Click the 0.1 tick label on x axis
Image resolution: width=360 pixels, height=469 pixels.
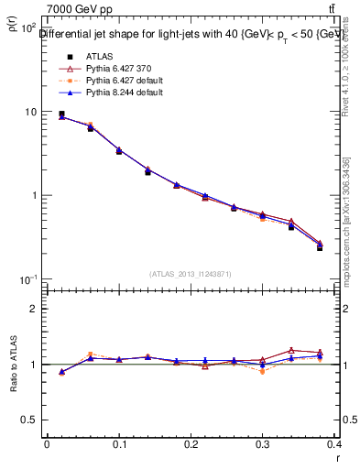pos(119,444)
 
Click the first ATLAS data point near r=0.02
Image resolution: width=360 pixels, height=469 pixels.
pos(61,115)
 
